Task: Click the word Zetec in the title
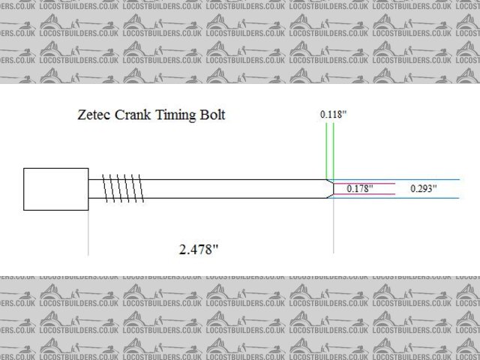tap(96, 115)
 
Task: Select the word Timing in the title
tap(175, 116)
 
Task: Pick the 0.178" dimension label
tap(359, 189)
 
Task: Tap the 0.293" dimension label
tap(423, 189)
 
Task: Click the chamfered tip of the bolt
tap(329, 189)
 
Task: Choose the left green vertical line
tap(326, 150)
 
